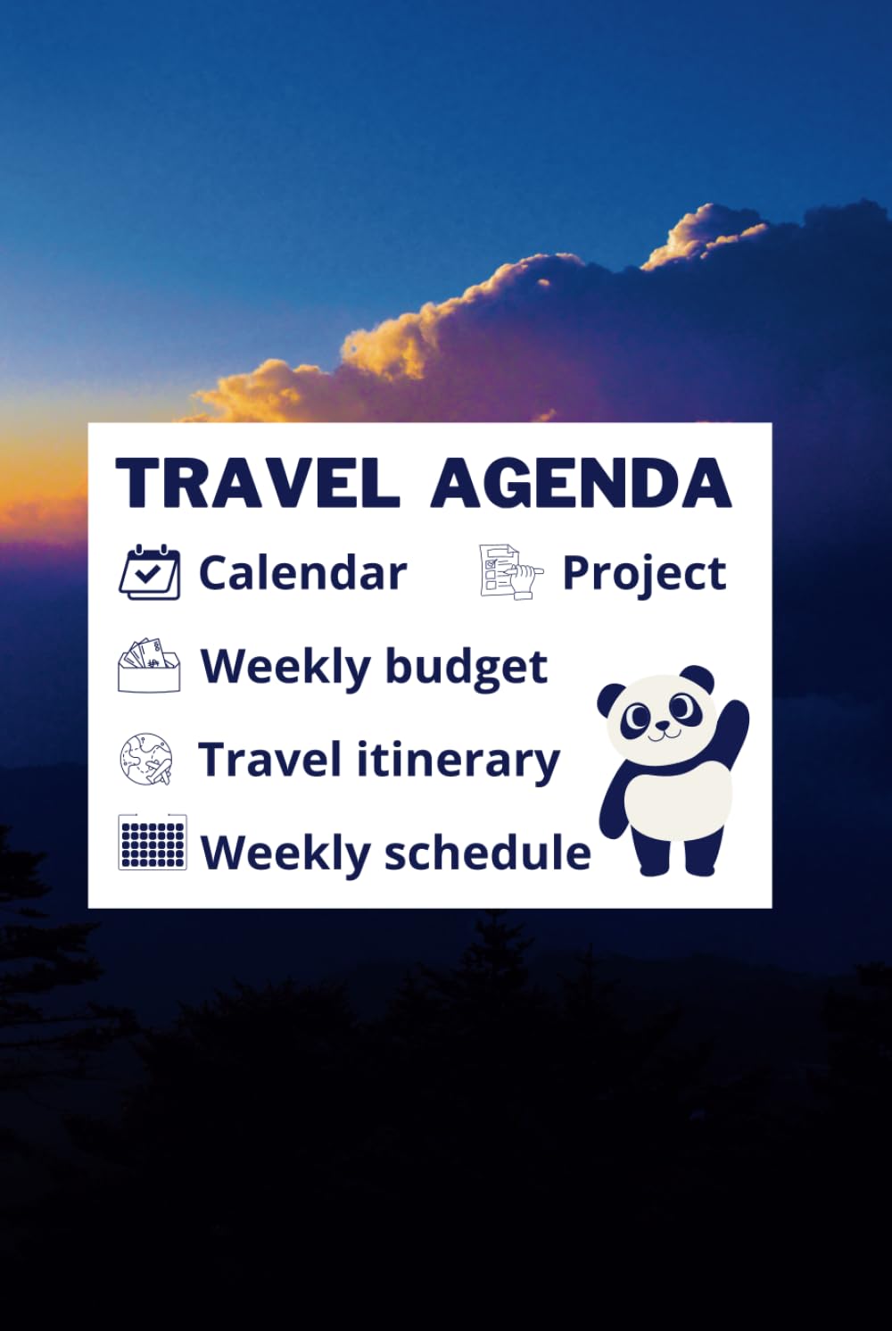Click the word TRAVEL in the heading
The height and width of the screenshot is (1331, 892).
pos(258,483)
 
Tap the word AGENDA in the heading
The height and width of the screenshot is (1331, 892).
pos(581,483)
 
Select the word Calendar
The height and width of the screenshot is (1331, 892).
pos(302,572)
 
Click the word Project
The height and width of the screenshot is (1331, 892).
pos(644,574)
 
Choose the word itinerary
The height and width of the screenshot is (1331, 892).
pos(458,761)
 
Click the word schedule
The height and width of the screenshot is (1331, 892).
pos(488,853)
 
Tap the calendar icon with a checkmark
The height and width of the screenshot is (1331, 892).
pos(149,572)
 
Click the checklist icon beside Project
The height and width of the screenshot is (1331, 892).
pos(509,571)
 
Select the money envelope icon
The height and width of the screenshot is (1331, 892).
pos(149,666)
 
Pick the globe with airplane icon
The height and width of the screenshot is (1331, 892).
pos(146,760)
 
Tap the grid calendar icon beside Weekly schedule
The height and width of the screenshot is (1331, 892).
pos(153,842)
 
